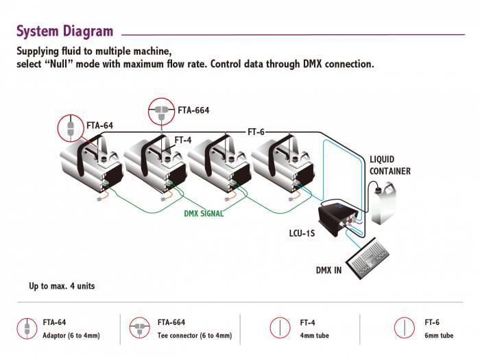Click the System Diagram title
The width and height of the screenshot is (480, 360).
(64, 31)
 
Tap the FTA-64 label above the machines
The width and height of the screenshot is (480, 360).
(99, 125)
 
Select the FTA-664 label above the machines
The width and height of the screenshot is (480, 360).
(193, 110)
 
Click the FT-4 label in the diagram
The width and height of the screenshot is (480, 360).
(182, 140)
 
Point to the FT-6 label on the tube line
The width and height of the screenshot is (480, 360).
(256, 131)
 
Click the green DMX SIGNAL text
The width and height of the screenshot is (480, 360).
(204, 213)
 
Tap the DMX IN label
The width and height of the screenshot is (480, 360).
(328, 269)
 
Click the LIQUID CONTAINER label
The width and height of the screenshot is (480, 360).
(389, 165)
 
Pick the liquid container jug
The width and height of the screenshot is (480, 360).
(386, 202)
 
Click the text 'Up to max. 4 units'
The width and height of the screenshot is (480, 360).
(62, 286)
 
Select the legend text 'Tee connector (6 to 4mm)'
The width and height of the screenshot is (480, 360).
(194, 336)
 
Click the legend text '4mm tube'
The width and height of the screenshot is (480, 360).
(315, 336)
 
